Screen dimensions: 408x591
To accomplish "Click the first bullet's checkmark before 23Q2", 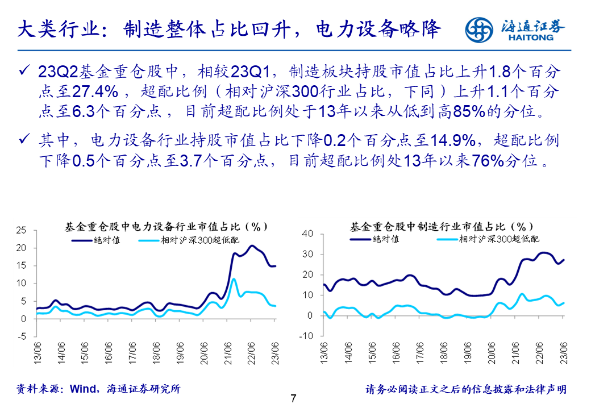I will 24,71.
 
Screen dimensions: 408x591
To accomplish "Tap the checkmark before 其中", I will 24,140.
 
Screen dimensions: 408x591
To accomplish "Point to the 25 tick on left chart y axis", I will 22,231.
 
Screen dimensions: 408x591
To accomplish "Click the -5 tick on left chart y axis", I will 22,336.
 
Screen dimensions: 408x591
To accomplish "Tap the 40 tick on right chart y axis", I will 308,234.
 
